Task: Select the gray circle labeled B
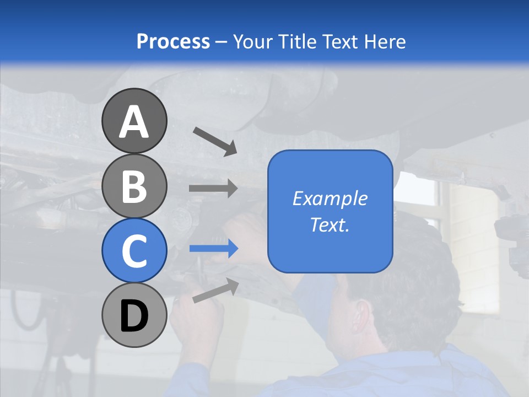[134, 186]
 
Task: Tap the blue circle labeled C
[134, 251]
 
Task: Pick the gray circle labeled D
[134, 315]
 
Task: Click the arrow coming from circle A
[215, 141]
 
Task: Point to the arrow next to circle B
[213, 188]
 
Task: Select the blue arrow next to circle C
[213, 249]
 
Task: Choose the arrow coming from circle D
[215, 291]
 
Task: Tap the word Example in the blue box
[330, 198]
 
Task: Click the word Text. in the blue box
[330, 225]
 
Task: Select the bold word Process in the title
[173, 41]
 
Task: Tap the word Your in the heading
[252, 41]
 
